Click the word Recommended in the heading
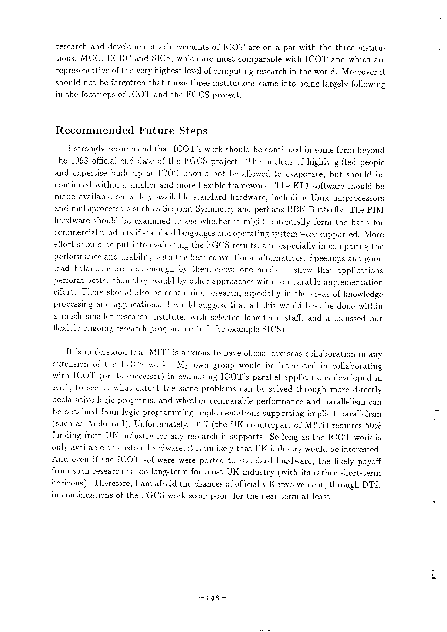(x=94, y=130)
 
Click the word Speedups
(x=327, y=258)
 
